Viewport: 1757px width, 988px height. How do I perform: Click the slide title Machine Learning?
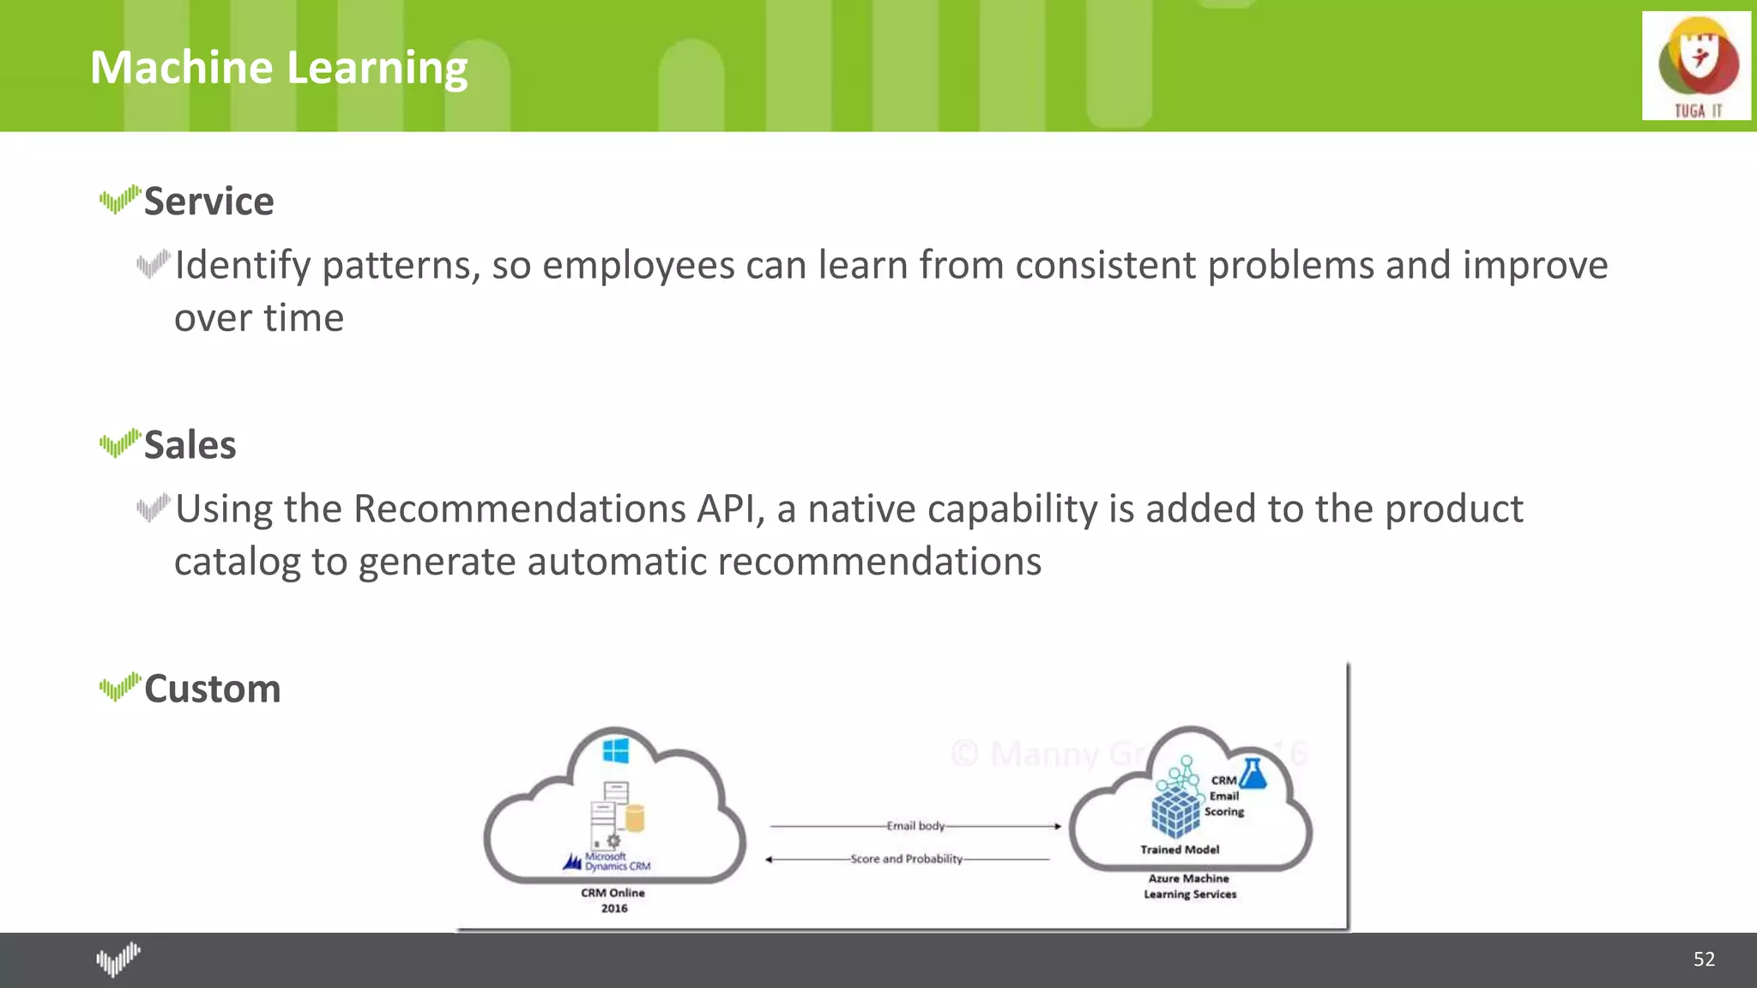tap(279, 68)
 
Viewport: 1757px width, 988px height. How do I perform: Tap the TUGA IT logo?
tap(1696, 66)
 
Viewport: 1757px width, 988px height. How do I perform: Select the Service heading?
tap(208, 202)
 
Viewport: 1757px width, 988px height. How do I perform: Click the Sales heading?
tap(190, 445)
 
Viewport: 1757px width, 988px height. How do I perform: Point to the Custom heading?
tap(212, 689)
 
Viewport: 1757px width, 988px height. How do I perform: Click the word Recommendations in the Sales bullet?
tap(519, 509)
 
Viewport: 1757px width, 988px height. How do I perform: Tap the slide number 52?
tap(1704, 959)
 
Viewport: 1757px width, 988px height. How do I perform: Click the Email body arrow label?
tap(915, 826)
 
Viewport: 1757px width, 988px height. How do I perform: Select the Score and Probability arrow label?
tap(906, 858)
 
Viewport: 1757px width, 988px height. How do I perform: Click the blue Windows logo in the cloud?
tap(615, 750)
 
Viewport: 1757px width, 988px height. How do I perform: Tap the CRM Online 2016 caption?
tap(613, 900)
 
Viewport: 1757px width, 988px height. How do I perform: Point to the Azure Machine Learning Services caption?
tap(1189, 886)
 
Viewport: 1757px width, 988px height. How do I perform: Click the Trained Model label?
tap(1180, 849)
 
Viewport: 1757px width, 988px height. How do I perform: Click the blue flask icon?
tap(1253, 774)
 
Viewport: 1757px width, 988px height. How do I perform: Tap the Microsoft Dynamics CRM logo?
tap(607, 861)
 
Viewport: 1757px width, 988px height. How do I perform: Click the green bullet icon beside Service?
tap(119, 200)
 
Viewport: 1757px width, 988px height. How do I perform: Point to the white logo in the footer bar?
tap(118, 959)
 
